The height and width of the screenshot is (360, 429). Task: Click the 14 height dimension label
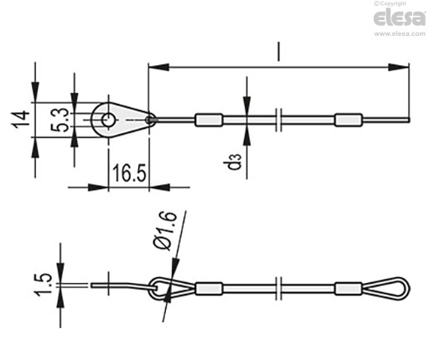21,120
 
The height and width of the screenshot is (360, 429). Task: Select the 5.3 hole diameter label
59,120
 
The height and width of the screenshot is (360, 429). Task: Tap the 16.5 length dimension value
129,173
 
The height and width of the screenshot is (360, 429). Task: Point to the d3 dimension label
234,162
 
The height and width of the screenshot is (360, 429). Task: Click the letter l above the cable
278,52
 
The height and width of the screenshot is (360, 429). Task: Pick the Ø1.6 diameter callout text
165,231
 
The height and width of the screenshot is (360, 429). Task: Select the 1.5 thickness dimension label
43,285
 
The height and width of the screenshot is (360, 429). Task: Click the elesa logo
400,18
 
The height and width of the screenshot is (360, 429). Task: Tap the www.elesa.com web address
400,33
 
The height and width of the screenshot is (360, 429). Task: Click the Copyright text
390,3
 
